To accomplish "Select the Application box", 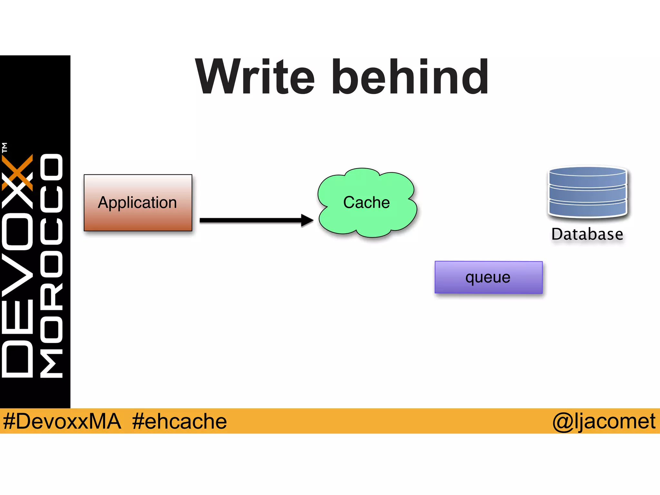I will (138, 203).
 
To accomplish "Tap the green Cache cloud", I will (367, 203).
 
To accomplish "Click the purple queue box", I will (488, 277).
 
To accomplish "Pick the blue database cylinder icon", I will (587, 192).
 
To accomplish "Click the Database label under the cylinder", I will (587, 234).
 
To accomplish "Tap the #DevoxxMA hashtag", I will (62, 421).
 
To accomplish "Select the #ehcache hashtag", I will (180, 421).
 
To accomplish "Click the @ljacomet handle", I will (604, 421).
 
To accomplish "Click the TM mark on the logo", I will (5, 148).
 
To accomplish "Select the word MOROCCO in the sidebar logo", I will (52, 266).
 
